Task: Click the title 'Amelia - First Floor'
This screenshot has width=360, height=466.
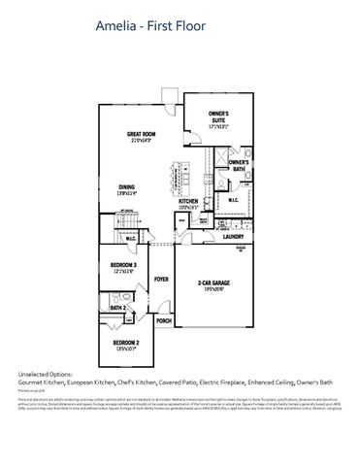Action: (x=151, y=28)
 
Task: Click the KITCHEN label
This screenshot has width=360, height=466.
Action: (x=188, y=202)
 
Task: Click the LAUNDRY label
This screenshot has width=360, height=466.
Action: (x=233, y=236)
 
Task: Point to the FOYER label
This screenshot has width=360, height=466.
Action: (x=161, y=279)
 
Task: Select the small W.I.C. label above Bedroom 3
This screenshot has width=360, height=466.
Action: (x=130, y=238)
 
